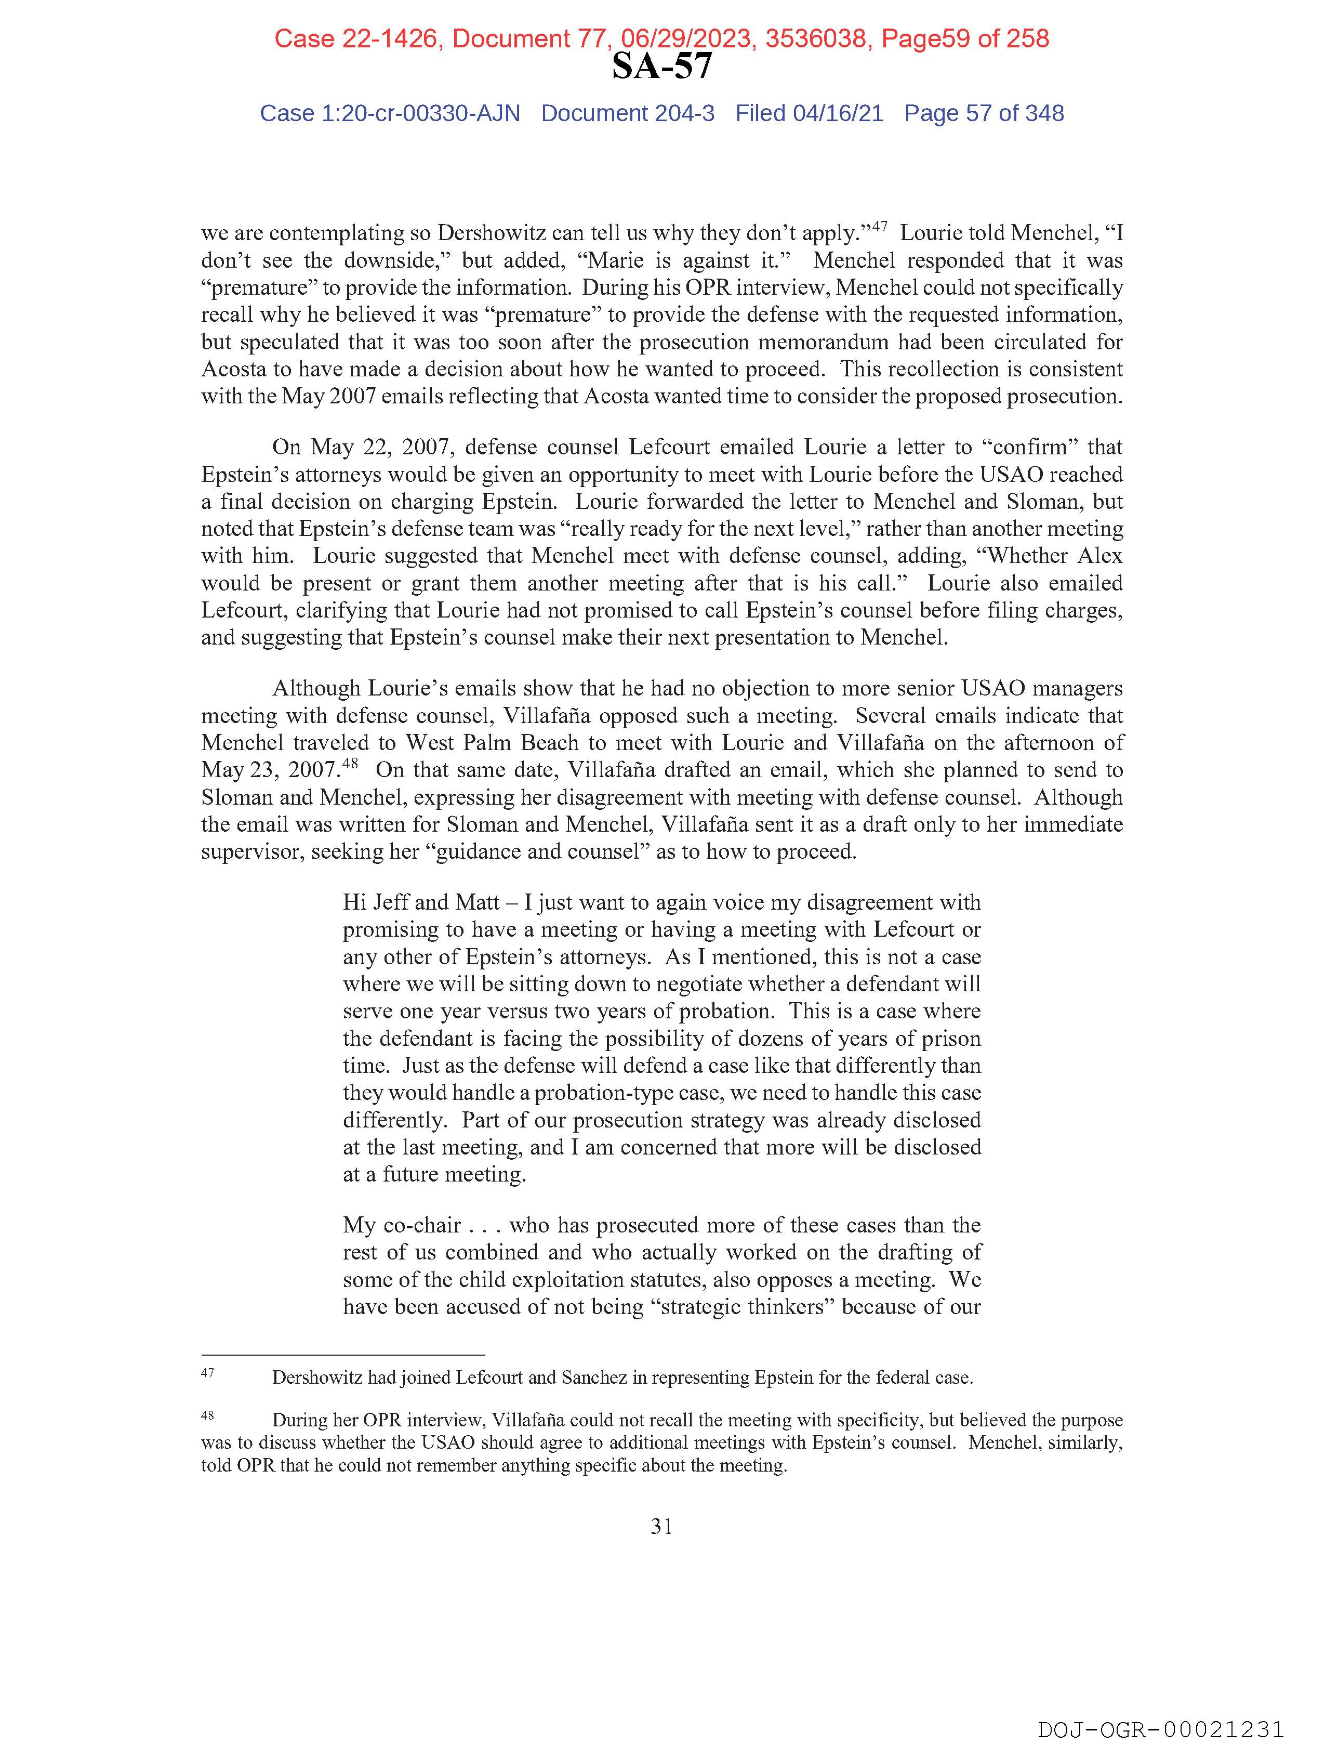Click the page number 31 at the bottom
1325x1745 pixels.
point(661,1527)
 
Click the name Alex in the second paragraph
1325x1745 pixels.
point(1099,556)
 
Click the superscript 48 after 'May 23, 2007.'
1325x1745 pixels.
point(351,764)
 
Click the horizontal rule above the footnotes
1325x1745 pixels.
point(342,1355)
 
